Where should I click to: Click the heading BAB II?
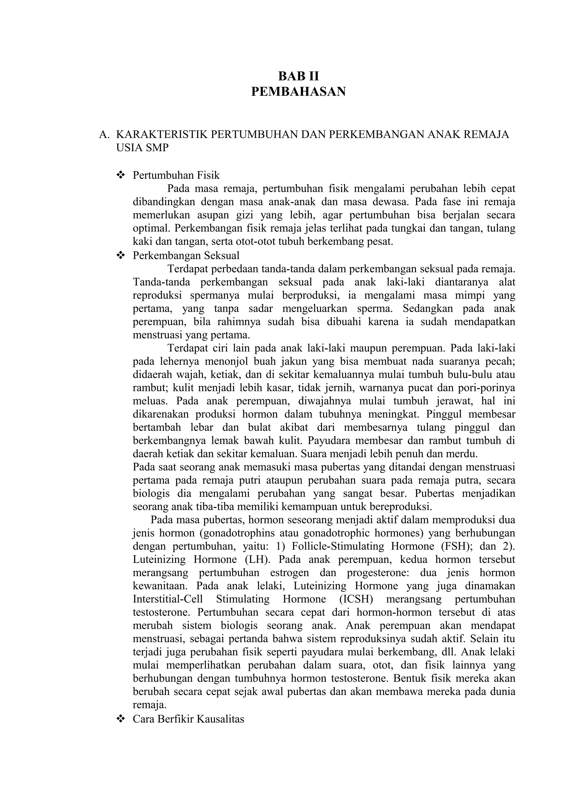(x=299, y=76)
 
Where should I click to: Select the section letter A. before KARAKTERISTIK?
(x=104, y=134)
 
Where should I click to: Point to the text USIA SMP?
(x=142, y=148)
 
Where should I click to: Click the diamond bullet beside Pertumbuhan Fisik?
(x=121, y=175)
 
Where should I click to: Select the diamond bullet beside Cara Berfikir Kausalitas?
(x=121, y=719)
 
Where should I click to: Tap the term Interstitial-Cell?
(x=168, y=599)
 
